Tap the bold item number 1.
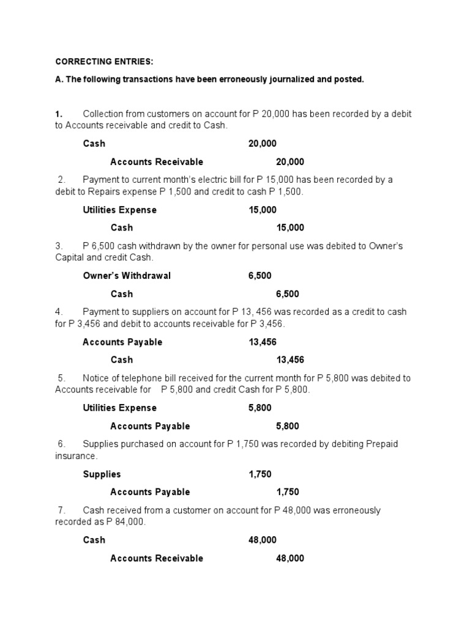point(58,114)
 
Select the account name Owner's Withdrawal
point(127,276)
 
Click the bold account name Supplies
point(102,474)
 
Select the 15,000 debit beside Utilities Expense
point(262,210)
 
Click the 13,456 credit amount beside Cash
point(290,359)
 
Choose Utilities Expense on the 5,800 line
point(119,408)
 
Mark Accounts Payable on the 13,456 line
point(122,342)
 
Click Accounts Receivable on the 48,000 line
point(156,558)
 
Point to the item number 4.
point(59,312)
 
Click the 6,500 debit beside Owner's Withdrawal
point(260,276)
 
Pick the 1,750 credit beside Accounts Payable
point(288,492)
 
